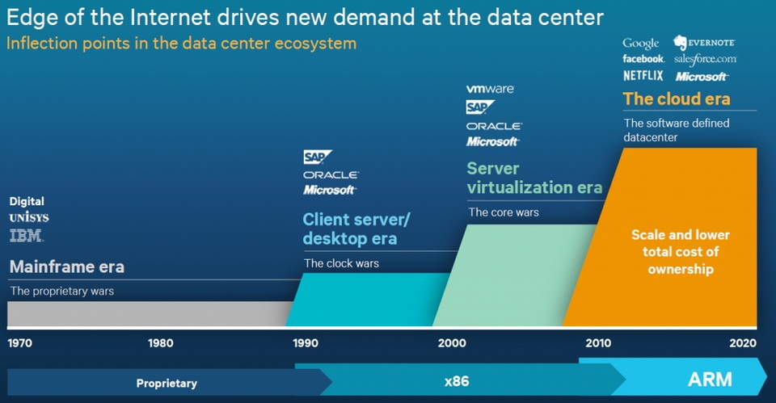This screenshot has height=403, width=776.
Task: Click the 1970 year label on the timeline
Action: tap(19, 343)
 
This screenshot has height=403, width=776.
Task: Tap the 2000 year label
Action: tap(452, 343)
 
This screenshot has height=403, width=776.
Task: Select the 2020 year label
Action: tap(743, 343)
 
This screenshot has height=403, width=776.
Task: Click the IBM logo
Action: tap(27, 235)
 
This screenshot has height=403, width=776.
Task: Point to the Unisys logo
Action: tap(29, 217)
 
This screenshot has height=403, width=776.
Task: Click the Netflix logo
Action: tap(643, 76)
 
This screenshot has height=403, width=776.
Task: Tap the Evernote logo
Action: tap(704, 43)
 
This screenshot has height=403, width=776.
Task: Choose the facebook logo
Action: tap(643, 59)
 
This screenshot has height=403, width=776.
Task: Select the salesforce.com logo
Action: tap(705, 59)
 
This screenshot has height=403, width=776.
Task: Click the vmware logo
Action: tap(490, 89)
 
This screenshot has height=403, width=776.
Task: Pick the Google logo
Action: tap(641, 44)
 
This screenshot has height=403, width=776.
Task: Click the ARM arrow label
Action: tap(710, 380)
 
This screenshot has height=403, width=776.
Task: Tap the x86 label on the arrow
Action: tap(456, 381)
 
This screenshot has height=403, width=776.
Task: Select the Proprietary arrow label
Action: tap(167, 384)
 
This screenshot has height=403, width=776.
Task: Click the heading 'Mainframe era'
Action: tap(67, 267)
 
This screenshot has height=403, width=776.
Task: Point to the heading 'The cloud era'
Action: tap(677, 99)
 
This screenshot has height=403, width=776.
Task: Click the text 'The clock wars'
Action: tap(341, 263)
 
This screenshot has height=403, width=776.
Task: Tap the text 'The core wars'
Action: tap(504, 212)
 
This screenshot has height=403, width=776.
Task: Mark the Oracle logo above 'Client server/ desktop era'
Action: tap(331, 175)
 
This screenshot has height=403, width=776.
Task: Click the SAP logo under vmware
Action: tap(480, 107)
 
